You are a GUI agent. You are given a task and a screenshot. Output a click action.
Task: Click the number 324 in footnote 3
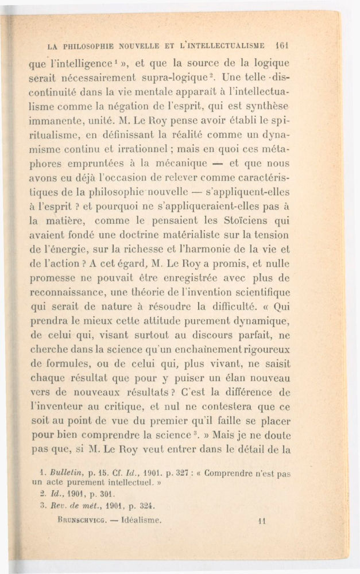pyautogui.click(x=146, y=506)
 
